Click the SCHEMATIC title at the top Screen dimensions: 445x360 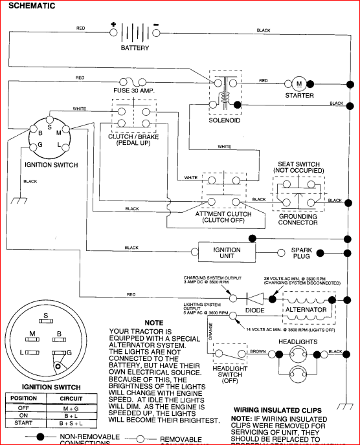31,6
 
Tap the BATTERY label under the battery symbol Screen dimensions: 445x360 135,48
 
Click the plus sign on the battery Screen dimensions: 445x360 113,25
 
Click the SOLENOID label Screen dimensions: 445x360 224,120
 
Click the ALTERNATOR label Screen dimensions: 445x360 307,310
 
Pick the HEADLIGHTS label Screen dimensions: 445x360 298,341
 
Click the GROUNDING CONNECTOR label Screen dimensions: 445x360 298,219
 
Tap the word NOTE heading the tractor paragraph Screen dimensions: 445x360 154,322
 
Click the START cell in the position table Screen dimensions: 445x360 24,422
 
